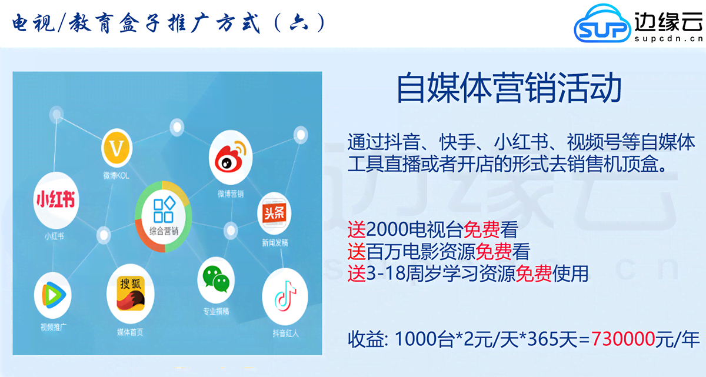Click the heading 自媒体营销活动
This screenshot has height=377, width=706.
pyautogui.click(x=509, y=89)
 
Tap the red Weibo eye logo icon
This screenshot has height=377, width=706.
pyautogui.click(x=230, y=159)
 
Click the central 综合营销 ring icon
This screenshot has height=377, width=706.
pyautogui.click(x=164, y=218)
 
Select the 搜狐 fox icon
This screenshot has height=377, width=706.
pyautogui.click(x=131, y=293)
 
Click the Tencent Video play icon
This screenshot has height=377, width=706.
pyautogui.click(x=52, y=296)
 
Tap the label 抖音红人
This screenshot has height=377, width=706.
pyautogui.click(x=285, y=333)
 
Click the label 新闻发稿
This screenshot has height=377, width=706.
pyautogui.click(x=275, y=242)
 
